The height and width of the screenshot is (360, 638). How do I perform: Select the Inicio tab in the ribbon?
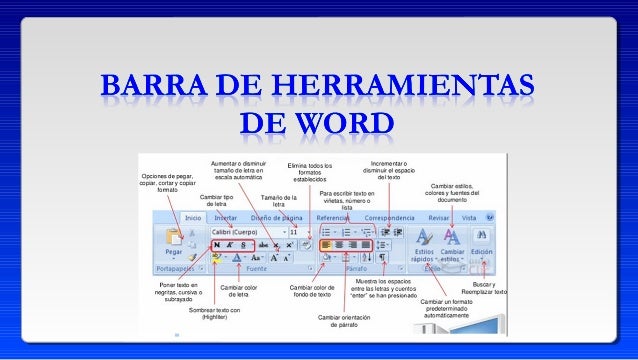coord(192,216)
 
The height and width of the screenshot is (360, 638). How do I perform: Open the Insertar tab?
coord(226,216)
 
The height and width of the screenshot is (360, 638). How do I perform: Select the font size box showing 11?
coord(293,231)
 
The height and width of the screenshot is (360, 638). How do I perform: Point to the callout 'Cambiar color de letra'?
coord(238,291)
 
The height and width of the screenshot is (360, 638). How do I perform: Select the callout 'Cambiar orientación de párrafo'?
coord(344,320)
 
